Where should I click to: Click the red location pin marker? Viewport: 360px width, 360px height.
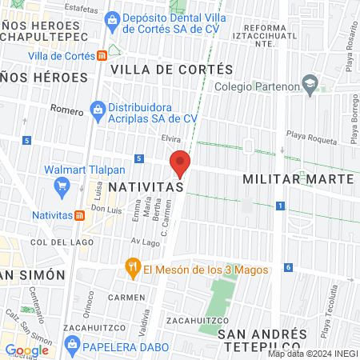pos(180,163)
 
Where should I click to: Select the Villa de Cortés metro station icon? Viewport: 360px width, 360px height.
pos(102,56)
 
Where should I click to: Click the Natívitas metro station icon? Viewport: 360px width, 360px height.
pos(79,215)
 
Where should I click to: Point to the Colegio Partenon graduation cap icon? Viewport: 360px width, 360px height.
pos(309,84)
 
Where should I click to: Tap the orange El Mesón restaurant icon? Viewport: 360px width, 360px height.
pos(133,269)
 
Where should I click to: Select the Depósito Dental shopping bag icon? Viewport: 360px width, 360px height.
pos(113,17)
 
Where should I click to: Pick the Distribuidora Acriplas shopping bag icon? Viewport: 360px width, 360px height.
pos(98,108)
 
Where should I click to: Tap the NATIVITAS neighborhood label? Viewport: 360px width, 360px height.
pos(147,186)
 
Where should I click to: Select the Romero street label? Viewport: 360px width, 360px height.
pos(66,109)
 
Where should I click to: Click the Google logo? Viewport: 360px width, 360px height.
pos(26,350)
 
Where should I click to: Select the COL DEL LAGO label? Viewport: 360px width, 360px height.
pos(52,242)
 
